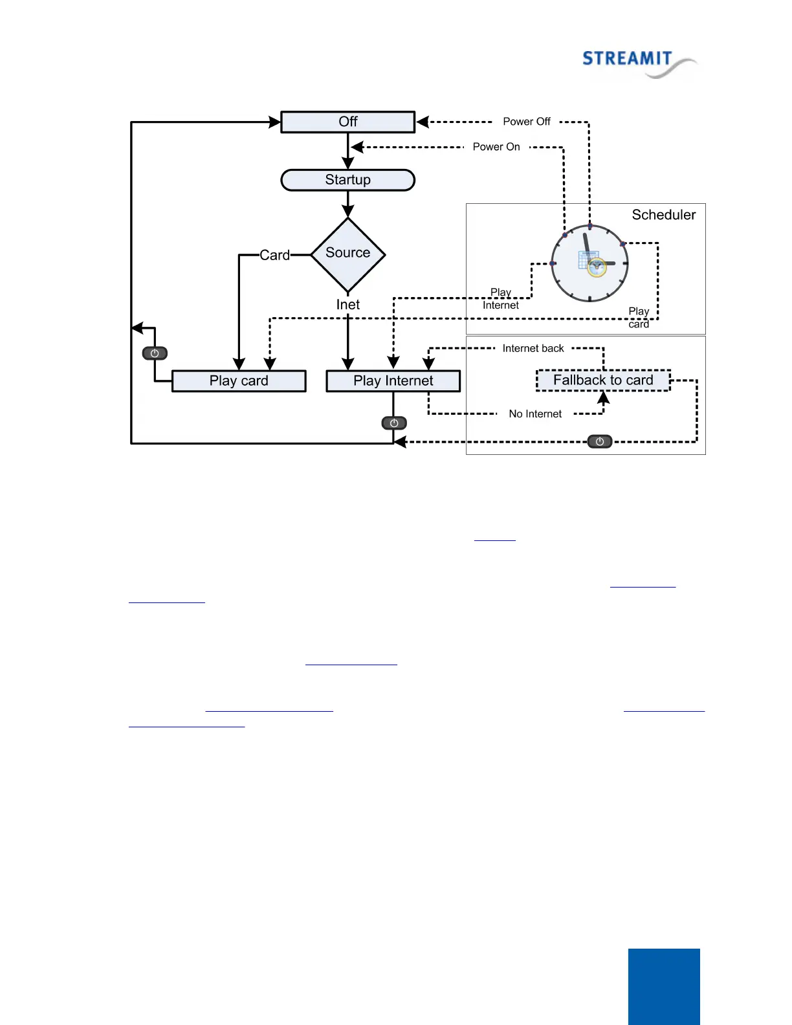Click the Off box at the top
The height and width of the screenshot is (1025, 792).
pos(347,122)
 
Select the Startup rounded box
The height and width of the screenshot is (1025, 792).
pos(347,180)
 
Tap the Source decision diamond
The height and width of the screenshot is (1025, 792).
pos(348,254)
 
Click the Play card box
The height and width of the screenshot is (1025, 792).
pos(239,381)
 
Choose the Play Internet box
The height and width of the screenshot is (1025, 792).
pos(393,381)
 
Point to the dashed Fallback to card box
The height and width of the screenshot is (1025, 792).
pos(603,380)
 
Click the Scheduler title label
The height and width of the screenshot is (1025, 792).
pos(663,215)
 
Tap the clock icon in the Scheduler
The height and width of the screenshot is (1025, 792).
pos(589,263)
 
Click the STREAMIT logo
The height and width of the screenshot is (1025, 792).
pos(638,63)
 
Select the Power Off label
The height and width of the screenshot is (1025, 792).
pos(527,122)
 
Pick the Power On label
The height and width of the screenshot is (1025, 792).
pos(496,147)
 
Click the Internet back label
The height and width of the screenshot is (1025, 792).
pos(533,348)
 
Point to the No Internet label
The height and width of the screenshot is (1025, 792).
pos(535,414)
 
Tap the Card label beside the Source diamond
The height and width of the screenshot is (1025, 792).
pos(274,255)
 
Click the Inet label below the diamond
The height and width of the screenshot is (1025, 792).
pos(347,305)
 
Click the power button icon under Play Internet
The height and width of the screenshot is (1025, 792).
pos(394,423)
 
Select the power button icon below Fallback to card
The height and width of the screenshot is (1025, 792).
pos(600,442)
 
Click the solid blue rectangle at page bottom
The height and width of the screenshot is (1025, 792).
pos(664,986)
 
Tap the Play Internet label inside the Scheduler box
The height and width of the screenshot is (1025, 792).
pos(501,299)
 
